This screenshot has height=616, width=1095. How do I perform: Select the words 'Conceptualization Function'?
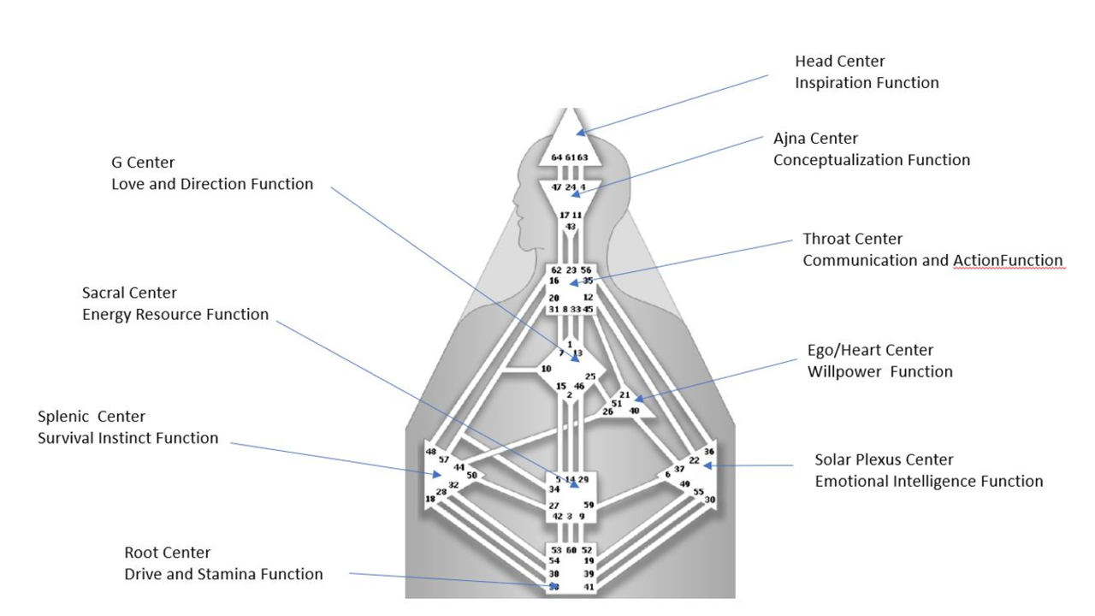coord(872,160)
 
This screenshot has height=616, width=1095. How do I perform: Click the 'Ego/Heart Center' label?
coord(870,350)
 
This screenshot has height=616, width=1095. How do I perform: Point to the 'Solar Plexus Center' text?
coord(884,460)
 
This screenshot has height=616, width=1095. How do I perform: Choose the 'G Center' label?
coord(142,163)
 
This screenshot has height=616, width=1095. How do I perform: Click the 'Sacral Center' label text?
coord(129,293)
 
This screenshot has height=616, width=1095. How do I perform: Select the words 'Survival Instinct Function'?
coord(127,438)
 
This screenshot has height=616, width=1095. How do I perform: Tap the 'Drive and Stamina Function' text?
coord(223,574)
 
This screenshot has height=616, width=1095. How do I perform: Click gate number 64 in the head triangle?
coord(556,157)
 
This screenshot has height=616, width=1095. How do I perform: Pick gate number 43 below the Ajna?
coord(570,227)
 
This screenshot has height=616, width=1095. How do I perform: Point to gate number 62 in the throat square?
coord(556,270)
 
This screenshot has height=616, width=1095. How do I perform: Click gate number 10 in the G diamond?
coord(545,369)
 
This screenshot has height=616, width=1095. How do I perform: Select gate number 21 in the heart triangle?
coord(624,395)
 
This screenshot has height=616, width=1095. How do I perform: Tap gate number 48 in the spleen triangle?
coord(430,452)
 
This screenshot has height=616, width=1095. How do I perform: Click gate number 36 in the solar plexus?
coord(708,451)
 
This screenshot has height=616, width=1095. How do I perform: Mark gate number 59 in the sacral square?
coord(589,506)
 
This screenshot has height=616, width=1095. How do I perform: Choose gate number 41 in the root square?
coord(588,587)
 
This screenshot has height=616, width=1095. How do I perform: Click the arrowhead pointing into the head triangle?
coord(581,132)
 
